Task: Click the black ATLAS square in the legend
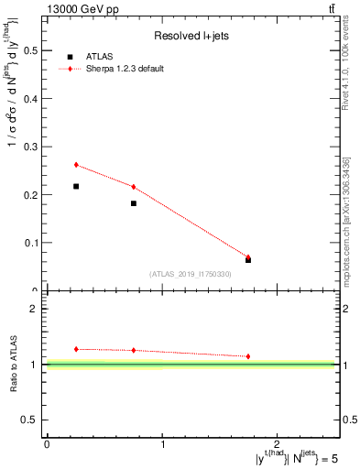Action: (x=70, y=57)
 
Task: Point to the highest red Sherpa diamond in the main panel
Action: (x=76, y=165)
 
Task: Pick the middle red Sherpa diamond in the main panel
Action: (x=134, y=187)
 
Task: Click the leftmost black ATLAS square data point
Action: (x=76, y=186)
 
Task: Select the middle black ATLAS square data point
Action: (x=134, y=203)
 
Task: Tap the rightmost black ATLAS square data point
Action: (x=248, y=260)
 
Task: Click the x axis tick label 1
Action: (x=163, y=443)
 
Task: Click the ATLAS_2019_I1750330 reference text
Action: (x=191, y=274)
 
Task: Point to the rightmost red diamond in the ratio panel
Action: (x=248, y=356)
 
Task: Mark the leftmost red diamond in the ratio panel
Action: (x=76, y=349)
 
